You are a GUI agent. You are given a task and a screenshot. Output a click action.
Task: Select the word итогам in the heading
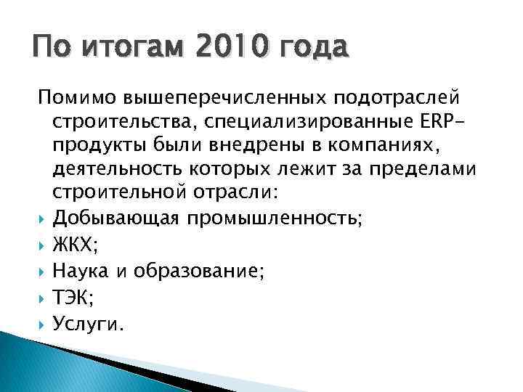tap(133, 49)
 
